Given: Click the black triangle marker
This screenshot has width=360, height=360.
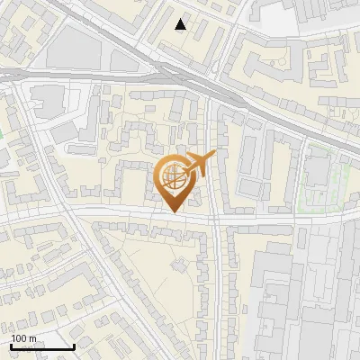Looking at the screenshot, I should click(181, 24).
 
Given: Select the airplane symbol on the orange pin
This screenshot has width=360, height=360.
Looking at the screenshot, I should click(197, 165).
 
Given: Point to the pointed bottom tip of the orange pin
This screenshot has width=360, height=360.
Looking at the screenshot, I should click(172, 211).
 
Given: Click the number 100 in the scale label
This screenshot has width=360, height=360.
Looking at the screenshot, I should click(19, 338).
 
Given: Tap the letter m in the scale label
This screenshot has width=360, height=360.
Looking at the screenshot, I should click(32, 338).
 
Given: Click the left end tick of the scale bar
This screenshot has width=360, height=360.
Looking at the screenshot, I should click(10, 346).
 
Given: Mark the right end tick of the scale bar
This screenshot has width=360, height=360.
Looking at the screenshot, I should click(74, 346).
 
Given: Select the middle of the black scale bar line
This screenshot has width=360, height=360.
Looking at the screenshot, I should click(41, 346).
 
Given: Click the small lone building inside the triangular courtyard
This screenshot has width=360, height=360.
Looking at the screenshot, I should click(177, 265).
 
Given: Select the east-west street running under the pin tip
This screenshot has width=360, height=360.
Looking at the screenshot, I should click(135, 214).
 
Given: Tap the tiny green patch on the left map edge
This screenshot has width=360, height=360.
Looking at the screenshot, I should click(2, 135).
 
